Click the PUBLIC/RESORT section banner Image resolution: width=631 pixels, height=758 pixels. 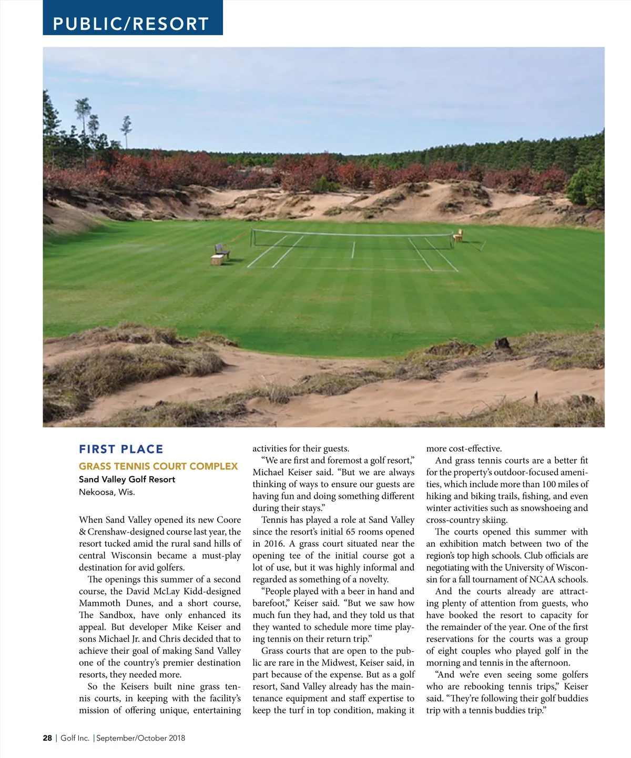(131, 24)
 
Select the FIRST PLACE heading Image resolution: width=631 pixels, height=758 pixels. (121, 449)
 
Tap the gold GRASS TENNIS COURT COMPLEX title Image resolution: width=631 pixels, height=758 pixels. (158, 467)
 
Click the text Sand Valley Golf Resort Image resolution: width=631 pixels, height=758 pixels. (127, 479)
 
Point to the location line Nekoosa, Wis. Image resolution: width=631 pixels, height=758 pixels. (107, 492)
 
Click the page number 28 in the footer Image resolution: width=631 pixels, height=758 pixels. (47, 738)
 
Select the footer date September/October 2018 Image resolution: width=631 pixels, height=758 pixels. (141, 738)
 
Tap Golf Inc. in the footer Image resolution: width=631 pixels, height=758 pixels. (75, 738)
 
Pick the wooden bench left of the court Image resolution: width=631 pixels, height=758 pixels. (221, 251)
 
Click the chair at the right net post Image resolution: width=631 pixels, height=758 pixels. (458, 236)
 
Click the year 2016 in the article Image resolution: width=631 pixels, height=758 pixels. (273, 544)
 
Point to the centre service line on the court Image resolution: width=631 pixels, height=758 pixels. (353, 250)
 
